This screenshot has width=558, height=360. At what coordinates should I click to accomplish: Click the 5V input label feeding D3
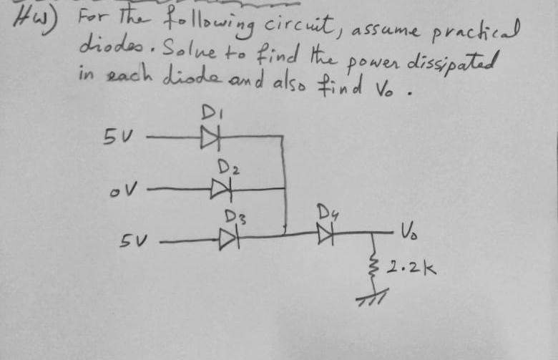point(132,238)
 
